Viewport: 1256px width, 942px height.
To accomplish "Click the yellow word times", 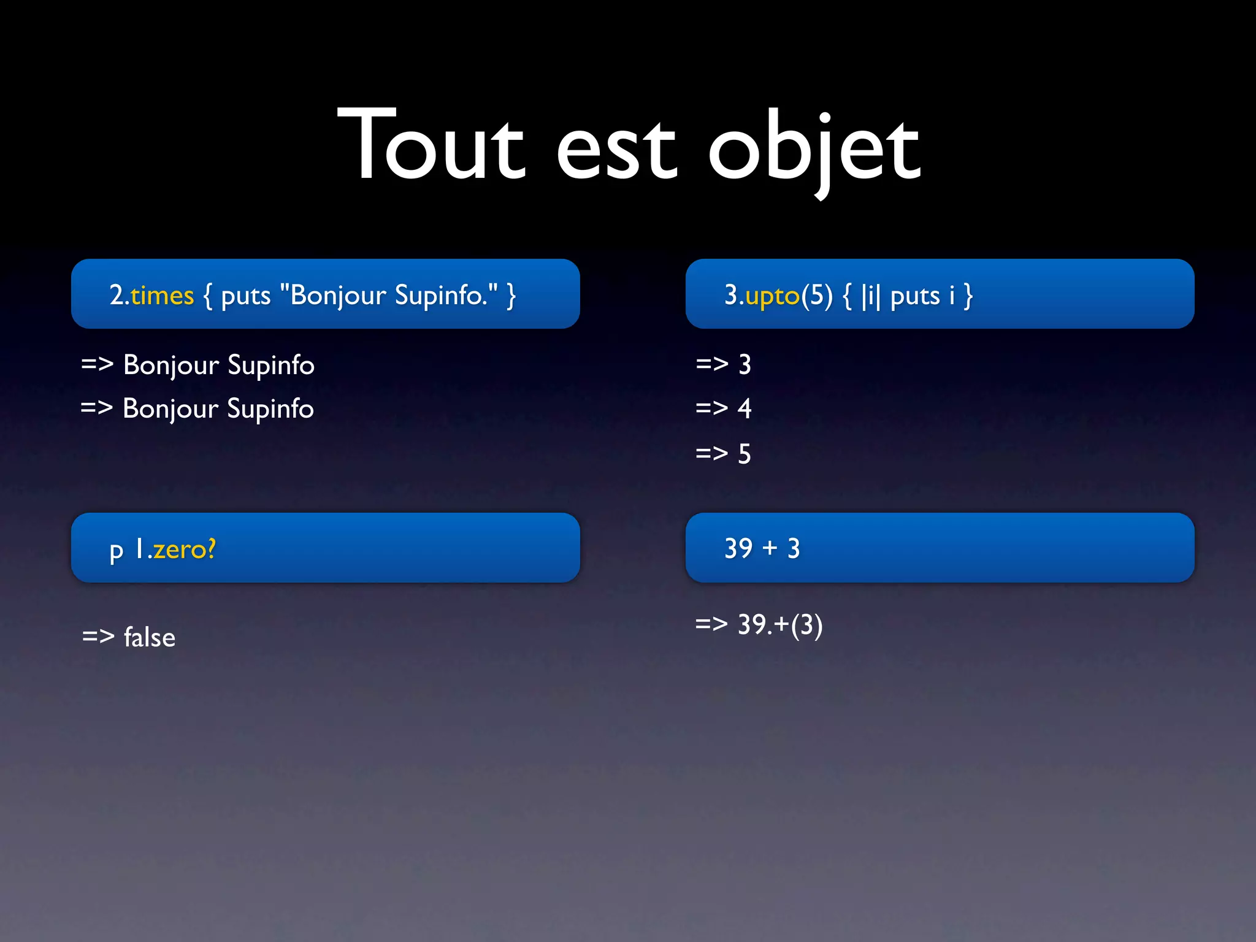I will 162,296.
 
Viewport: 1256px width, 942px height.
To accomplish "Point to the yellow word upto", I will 772,296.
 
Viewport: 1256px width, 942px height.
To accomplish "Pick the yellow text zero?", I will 185,549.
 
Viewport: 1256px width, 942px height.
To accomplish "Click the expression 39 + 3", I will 762,548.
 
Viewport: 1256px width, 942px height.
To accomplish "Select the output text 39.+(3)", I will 780,625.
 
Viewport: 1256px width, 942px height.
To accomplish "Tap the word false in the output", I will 150,637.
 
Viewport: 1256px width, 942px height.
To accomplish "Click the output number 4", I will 745,408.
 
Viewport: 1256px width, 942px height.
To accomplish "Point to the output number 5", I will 745,454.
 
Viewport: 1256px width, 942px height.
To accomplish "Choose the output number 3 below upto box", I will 745,364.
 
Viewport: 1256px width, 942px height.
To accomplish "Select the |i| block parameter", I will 870,296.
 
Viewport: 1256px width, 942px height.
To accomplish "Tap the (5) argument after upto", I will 817,296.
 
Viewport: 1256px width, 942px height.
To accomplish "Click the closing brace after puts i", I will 968,296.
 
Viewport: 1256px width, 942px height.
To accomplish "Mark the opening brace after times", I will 208,296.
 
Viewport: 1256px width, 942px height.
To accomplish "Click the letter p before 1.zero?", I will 116,550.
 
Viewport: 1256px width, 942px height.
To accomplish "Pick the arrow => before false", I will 98,636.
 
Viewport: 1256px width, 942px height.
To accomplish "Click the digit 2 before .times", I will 117,295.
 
